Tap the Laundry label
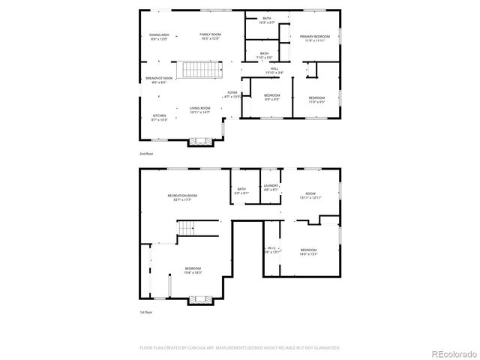click(x=271, y=187)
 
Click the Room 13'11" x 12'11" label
click(x=309, y=196)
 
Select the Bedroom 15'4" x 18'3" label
click(x=193, y=270)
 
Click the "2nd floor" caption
click(x=146, y=154)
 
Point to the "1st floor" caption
click(x=146, y=311)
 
